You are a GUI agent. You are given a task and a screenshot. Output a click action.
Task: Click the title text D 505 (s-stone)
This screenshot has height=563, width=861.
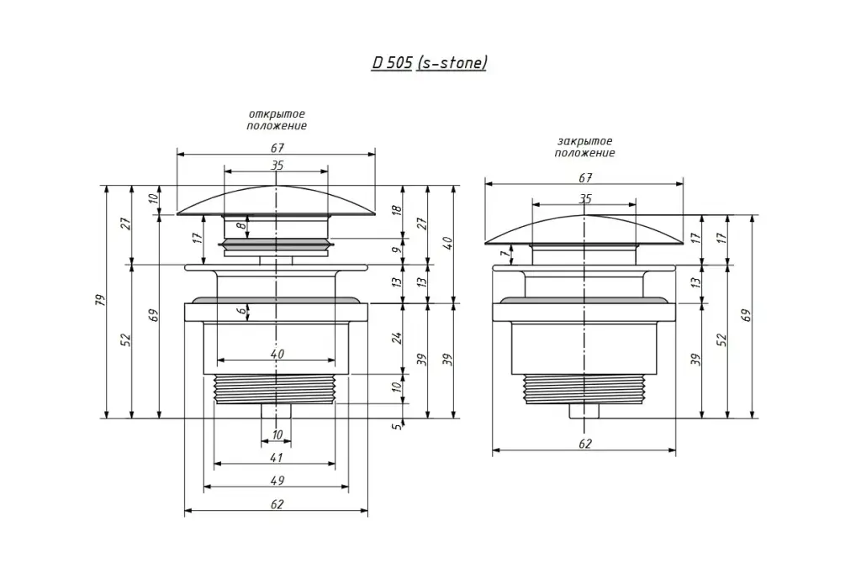pos(430,63)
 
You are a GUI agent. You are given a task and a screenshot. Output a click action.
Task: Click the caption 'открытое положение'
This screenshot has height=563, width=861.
pos(277,119)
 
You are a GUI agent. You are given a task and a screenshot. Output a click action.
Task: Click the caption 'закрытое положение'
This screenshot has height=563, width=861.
pos(585,147)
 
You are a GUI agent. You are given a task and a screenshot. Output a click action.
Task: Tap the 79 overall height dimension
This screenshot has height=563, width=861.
pos(100,300)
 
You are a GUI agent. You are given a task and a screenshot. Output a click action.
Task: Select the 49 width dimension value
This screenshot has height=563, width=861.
pos(277,480)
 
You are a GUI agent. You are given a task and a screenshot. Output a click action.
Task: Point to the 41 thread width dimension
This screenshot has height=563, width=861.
pos(276,457)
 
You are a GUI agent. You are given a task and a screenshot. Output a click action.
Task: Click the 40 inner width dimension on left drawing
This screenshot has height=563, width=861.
pos(277,354)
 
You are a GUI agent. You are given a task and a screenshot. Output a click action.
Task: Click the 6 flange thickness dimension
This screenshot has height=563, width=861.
pos(241,311)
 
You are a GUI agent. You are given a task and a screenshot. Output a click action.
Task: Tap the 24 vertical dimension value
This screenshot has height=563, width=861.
pos(397,338)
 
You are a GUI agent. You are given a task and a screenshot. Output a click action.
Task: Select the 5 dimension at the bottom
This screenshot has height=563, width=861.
pos(398,425)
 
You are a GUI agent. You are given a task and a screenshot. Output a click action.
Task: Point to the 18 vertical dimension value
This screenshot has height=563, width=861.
pos(397,209)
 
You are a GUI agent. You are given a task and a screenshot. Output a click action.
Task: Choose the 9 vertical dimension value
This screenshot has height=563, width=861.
pos(397,250)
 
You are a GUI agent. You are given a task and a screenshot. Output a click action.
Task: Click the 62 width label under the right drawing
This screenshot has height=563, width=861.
pos(585,444)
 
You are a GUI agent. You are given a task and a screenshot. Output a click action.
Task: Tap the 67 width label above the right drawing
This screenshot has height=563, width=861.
pos(585,178)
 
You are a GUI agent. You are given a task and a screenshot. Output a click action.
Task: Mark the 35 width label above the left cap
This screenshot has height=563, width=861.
pos(277,165)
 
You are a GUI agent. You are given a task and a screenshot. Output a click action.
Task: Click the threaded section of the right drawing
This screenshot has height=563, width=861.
pos(585,389)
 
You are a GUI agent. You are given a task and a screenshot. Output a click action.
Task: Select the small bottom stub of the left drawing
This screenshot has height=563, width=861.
pos(276,410)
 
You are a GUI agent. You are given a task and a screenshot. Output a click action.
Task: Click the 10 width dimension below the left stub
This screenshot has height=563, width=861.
pos(277,434)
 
